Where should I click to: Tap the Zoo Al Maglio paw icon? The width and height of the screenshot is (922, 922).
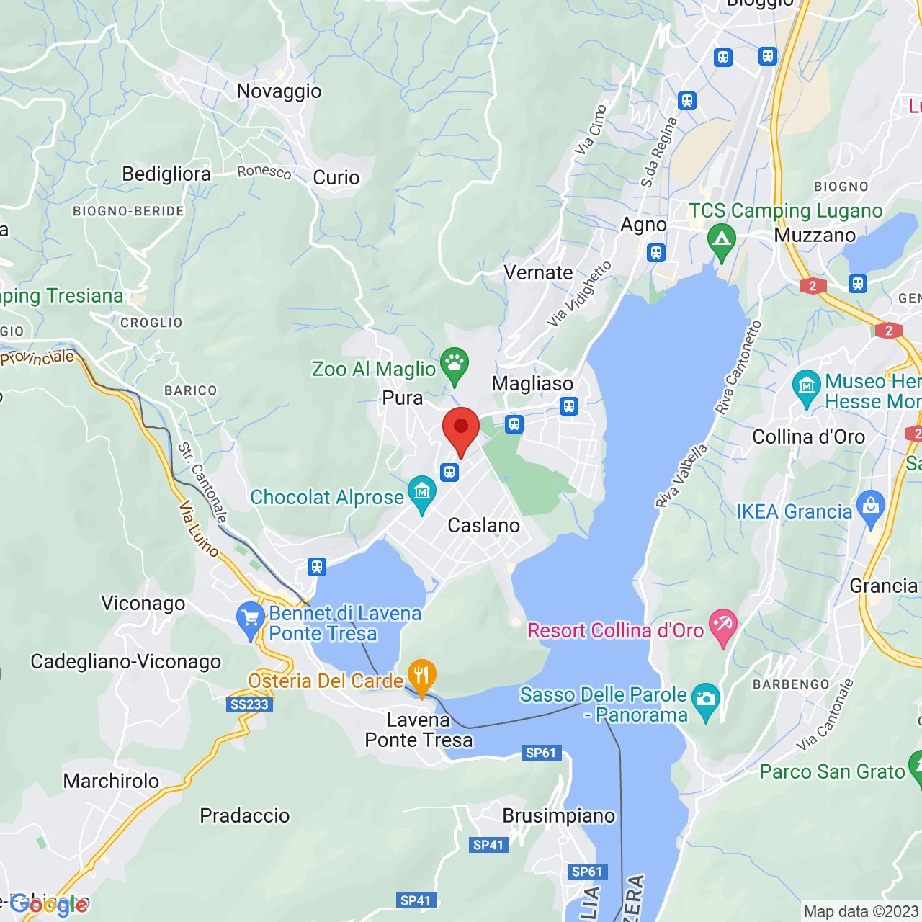tap(455, 365)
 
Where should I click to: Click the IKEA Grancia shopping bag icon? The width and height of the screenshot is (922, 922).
tap(871, 509)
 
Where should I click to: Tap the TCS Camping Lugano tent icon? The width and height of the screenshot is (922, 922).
tap(721, 241)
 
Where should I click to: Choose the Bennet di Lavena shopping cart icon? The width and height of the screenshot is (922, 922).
tap(251, 619)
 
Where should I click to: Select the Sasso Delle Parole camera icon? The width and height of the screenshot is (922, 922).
tap(705, 701)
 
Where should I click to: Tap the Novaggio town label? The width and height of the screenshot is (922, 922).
tap(279, 91)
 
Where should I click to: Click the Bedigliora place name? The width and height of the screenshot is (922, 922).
tap(166, 174)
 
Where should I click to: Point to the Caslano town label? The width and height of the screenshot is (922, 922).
tap(483, 526)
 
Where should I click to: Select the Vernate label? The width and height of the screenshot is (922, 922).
tap(538, 273)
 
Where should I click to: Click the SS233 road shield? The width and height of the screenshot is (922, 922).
tap(249, 704)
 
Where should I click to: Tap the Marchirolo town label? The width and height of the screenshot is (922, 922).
tap(111, 782)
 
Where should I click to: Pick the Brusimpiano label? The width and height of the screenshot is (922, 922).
tap(558, 816)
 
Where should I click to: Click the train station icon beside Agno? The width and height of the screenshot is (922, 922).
tap(655, 252)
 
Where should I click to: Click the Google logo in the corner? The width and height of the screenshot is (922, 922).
tap(49, 905)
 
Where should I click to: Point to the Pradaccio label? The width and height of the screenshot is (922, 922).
tap(244, 816)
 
